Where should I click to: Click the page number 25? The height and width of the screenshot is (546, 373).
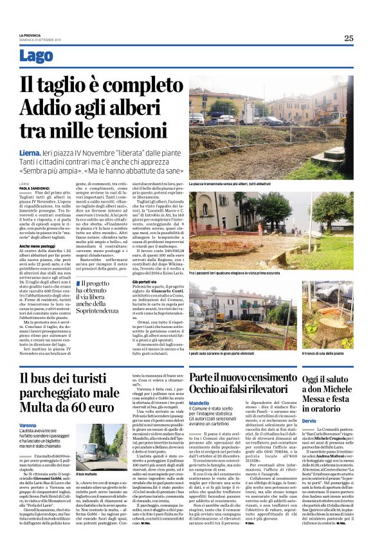(348, 38)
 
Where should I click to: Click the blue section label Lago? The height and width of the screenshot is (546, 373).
(37, 56)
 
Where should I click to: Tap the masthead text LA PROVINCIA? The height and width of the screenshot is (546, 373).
(30, 35)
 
